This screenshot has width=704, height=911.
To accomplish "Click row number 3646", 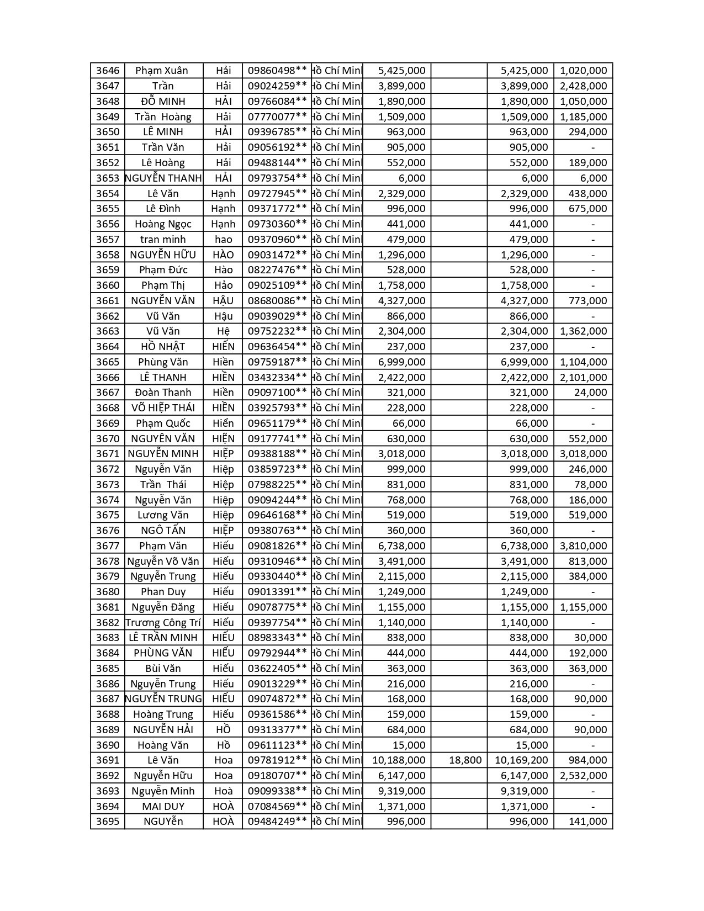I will [107, 71].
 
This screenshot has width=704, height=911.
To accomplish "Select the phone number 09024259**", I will [277, 86].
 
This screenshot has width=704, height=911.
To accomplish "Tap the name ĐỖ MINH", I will [163, 102].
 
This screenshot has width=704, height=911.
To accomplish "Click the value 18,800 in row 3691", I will [465, 760].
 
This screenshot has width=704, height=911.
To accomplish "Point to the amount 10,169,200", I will [521, 760].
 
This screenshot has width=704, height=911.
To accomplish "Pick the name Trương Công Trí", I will [163, 623].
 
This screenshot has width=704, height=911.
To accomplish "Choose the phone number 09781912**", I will [277, 760].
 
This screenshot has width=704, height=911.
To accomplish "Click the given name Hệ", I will [223, 331].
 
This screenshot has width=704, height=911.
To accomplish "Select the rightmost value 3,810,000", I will [583, 546].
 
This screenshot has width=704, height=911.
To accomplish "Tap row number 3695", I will [107, 822].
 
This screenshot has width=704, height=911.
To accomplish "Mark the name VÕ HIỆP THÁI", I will [163, 408].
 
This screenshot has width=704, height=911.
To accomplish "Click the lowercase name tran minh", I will [163, 240].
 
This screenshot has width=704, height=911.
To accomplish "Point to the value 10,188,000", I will [399, 760].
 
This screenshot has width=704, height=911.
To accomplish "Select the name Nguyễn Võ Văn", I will [163, 562].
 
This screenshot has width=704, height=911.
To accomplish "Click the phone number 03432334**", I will [277, 378].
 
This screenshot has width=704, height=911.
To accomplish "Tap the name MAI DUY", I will [163, 807].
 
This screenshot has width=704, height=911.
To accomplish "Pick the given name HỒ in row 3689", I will [223, 730].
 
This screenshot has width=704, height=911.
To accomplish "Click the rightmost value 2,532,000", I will [583, 776].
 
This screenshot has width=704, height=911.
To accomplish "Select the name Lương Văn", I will [163, 515].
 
